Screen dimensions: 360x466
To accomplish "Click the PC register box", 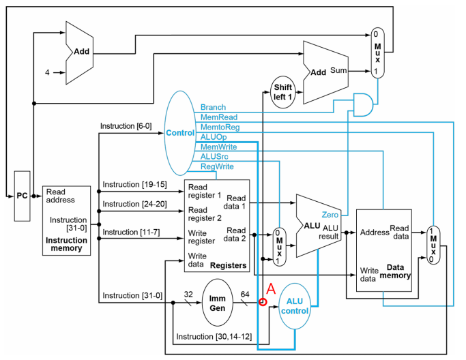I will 23,196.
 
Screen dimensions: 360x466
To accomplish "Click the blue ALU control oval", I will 295,306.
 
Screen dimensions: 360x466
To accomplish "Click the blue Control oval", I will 180,132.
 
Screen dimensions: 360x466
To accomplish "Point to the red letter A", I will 270,288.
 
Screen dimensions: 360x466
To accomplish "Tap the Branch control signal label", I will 213,108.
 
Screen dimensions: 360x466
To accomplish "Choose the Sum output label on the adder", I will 339,70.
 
